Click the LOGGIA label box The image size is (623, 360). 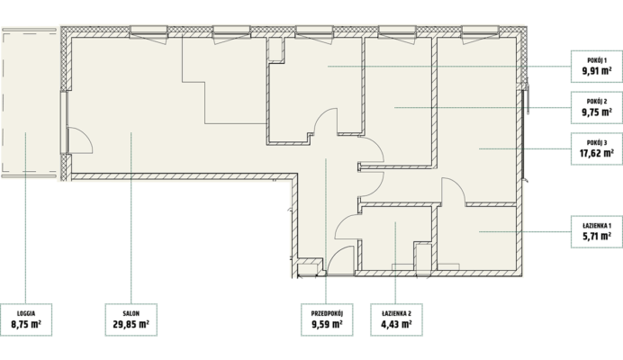[26, 319]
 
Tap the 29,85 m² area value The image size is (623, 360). [131, 325]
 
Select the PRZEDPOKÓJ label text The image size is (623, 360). [327, 313]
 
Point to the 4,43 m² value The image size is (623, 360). [396, 325]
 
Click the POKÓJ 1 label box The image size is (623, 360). [597, 67]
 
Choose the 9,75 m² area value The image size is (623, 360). [597, 112]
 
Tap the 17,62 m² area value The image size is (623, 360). [597, 153]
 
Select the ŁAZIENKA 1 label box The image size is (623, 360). [597, 231]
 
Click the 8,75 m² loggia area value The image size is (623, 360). [26, 325]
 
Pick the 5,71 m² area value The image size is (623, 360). [597, 237]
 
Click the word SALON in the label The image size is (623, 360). [131, 313]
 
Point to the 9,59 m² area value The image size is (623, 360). [327, 325]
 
